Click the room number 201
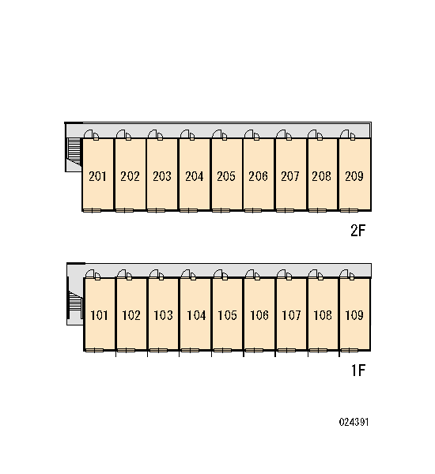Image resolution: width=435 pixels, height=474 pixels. click(97, 176)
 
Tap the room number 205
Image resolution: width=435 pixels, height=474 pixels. click(226, 176)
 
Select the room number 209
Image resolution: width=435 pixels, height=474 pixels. click(354, 176)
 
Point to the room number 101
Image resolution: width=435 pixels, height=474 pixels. click(100, 315)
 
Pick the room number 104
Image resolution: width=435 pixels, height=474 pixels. click(196, 315)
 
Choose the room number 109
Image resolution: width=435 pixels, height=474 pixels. click(354, 315)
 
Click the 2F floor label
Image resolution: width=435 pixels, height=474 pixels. click(358, 231)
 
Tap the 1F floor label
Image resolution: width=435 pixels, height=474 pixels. click(358, 371)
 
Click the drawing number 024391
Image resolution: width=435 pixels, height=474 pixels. click(354, 422)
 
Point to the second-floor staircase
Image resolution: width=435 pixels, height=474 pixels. click(74, 152)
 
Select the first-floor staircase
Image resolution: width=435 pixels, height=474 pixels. click(75, 304)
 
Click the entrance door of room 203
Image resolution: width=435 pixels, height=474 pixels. click(156, 135)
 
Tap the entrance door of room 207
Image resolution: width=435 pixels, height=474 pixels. click(284, 135)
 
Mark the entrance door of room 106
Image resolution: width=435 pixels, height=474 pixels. click(252, 274)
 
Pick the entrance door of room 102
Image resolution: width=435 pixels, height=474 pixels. click(124, 274)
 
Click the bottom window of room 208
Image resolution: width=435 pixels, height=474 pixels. click(317, 210)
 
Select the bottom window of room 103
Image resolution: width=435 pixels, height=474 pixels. click(158, 350)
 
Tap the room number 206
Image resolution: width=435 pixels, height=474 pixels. click(258, 176)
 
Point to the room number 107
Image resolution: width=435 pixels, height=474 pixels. click(291, 315)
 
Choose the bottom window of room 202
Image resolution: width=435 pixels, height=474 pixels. click(124, 210)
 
